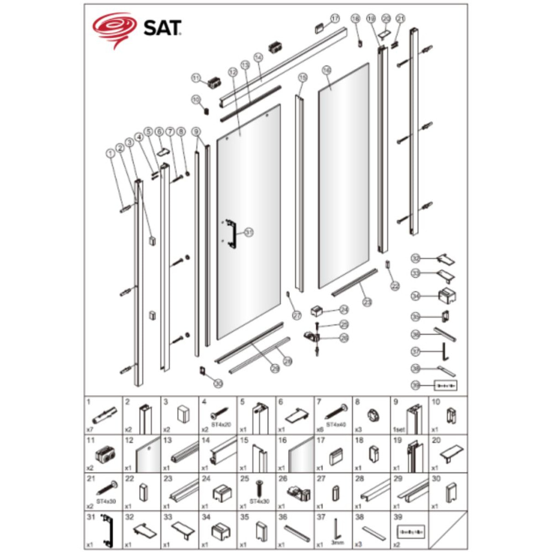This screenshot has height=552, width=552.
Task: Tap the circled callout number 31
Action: point(248,233)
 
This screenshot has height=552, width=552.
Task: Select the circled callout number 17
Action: point(334,19)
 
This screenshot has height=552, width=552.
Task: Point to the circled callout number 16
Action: point(327,70)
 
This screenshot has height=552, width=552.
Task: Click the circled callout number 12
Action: point(232,72)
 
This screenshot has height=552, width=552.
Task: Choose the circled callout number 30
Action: point(218,383)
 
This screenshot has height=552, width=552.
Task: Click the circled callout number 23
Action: point(367,302)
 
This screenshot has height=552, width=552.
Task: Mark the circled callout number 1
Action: point(110,154)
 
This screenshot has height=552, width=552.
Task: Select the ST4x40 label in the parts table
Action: point(335,425)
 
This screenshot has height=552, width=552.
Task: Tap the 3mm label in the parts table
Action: point(338,543)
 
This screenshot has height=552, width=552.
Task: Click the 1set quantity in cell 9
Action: point(399,430)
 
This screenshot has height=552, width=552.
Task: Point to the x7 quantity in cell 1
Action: point(90,429)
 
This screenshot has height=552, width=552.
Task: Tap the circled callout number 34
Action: point(416,296)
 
